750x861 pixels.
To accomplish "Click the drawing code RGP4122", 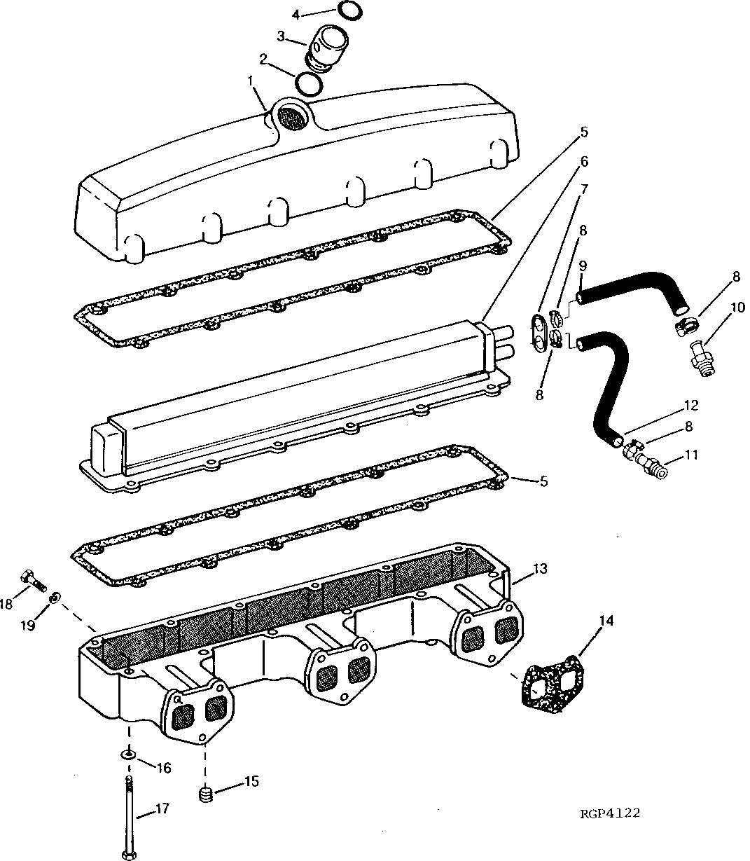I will coord(609,813).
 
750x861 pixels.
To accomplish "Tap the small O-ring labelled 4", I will coord(349,11).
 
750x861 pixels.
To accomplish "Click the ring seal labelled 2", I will coord(308,83).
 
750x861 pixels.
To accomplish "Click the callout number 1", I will coord(250,81).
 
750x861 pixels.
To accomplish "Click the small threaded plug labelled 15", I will coord(204,794).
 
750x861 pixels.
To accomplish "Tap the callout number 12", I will coord(691,406).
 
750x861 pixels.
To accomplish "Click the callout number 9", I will coord(583,266).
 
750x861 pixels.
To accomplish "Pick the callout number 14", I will coord(606,621).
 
